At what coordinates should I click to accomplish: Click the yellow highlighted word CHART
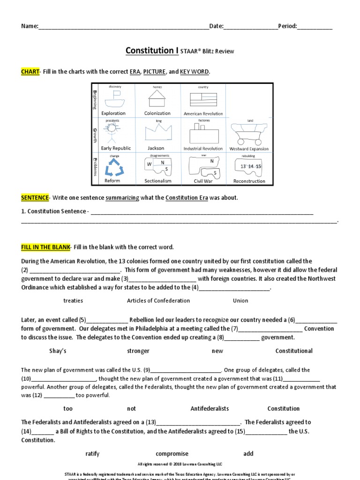(30, 72)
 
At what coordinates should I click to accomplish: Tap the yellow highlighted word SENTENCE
(35, 198)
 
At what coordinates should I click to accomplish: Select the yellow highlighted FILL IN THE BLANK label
(45, 247)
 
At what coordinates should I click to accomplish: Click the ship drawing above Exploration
(114, 98)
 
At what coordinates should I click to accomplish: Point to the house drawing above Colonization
(157, 98)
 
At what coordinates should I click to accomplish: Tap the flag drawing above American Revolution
(202, 99)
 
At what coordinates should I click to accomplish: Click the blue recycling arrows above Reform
(112, 167)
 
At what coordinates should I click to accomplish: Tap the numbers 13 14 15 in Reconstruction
(250, 166)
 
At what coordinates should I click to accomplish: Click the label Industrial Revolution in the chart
(203, 149)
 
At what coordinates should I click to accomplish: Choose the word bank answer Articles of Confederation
(158, 300)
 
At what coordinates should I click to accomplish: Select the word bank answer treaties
(73, 300)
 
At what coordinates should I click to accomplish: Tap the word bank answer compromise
(172, 453)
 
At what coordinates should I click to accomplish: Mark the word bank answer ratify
(92, 453)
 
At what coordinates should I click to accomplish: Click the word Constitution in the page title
(150, 51)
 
